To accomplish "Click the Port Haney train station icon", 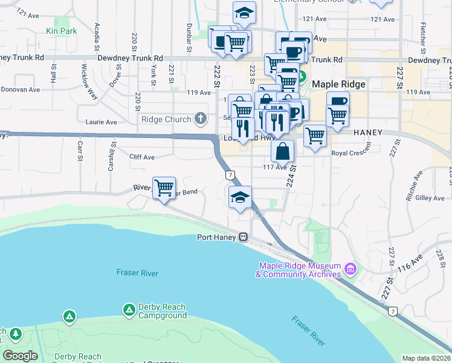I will pyautogui.click(x=243, y=237).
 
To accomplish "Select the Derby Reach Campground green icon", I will pyautogui.click(x=129, y=310).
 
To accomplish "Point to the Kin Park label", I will pyautogui.click(x=61, y=30).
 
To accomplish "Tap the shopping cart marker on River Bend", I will pyautogui.click(x=164, y=188).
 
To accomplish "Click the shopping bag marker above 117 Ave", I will pyautogui.click(x=283, y=151).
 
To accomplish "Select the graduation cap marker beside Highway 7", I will pyautogui.click(x=240, y=197).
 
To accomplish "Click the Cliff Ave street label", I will pyautogui.click(x=142, y=157).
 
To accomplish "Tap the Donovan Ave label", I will pyautogui.click(x=20, y=89).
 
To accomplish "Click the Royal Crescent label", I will pyautogui.click(x=351, y=154).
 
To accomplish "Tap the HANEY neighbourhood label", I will pyautogui.click(x=369, y=132).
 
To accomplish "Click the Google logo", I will pyautogui.click(x=20, y=356).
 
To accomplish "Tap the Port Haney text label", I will pyautogui.click(x=218, y=237).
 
